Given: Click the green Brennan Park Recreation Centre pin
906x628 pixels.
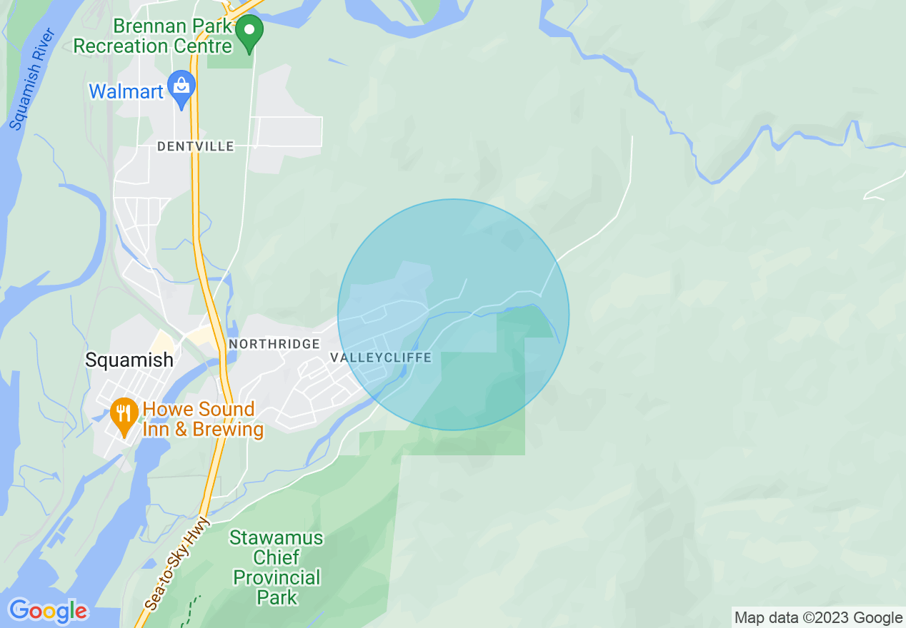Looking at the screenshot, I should (x=250, y=32).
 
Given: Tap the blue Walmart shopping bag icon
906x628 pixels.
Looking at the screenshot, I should (x=182, y=87).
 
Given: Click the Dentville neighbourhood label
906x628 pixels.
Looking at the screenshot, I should (x=196, y=146).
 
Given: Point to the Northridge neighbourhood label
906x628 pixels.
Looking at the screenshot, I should (x=274, y=344).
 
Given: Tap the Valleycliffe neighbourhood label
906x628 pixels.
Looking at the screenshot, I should (x=381, y=357).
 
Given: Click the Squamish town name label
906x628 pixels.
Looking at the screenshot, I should (x=129, y=360).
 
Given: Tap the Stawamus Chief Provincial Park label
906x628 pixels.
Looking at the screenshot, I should (x=277, y=567).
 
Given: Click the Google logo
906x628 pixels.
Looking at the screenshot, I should (x=48, y=611).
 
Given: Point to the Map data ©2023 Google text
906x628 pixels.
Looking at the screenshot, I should (x=818, y=618).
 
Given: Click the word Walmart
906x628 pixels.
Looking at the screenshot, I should (x=126, y=91).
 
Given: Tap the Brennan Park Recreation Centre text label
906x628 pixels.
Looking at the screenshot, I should (x=153, y=36).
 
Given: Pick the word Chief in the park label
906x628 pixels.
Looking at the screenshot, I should (x=277, y=557).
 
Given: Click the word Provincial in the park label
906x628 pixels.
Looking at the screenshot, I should (x=277, y=577).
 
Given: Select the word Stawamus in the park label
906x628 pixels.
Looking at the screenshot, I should (x=277, y=537).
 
